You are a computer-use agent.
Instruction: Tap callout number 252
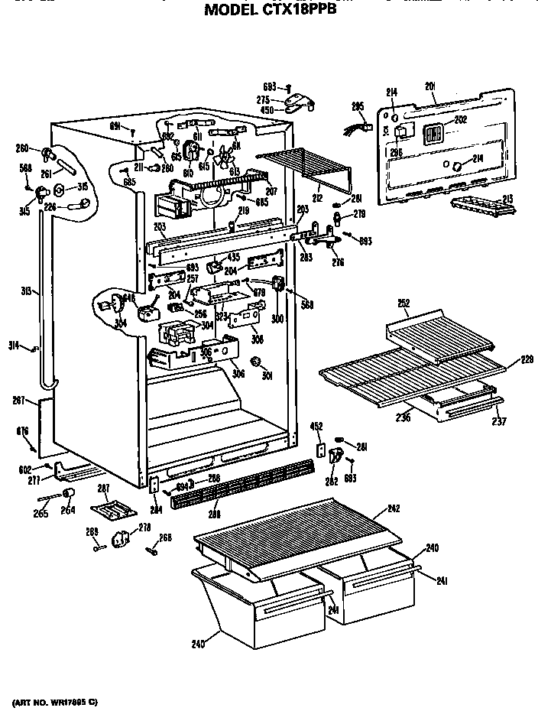pyautogui.click(x=404, y=303)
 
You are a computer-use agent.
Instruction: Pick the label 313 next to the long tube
pyautogui.click(x=26, y=291)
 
